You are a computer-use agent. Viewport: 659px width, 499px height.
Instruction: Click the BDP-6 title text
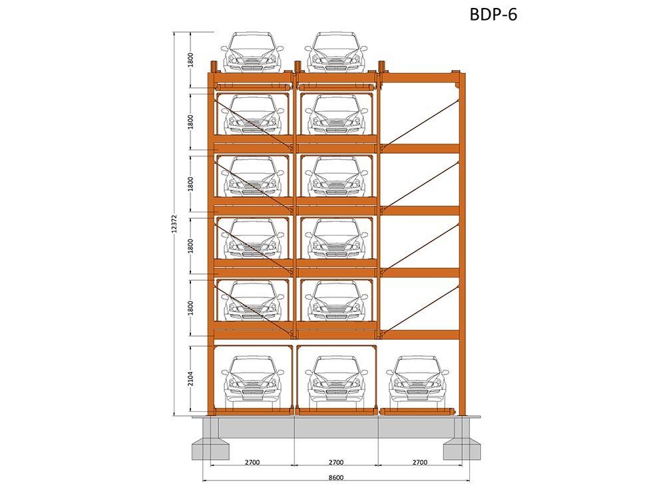(x=493, y=15)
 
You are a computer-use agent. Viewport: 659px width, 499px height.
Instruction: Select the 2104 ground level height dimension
(x=191, y=379)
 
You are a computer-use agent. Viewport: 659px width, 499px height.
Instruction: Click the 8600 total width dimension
(x=335, y=478)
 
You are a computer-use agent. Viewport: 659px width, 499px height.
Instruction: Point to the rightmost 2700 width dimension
(x=420, y=462)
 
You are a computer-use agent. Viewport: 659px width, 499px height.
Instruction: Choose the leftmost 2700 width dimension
(x=252, y=462)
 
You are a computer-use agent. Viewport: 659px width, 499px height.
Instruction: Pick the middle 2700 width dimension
(x=335, y=462)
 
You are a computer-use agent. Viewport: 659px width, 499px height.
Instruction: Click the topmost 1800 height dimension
(x=191, y=60)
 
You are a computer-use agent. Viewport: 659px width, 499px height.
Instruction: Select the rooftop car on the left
(x=252, y=52)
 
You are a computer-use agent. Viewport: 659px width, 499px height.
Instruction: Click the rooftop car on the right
(x=335, y=52)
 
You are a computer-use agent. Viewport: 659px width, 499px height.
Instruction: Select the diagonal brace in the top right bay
(x=420, y=124)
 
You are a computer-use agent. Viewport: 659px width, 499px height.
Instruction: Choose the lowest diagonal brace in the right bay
(x=420, y=310)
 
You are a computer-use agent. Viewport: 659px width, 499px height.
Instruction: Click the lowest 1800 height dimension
(x=191, y=308)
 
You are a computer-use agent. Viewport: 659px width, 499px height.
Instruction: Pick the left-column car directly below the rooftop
(x=252, y=114)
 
